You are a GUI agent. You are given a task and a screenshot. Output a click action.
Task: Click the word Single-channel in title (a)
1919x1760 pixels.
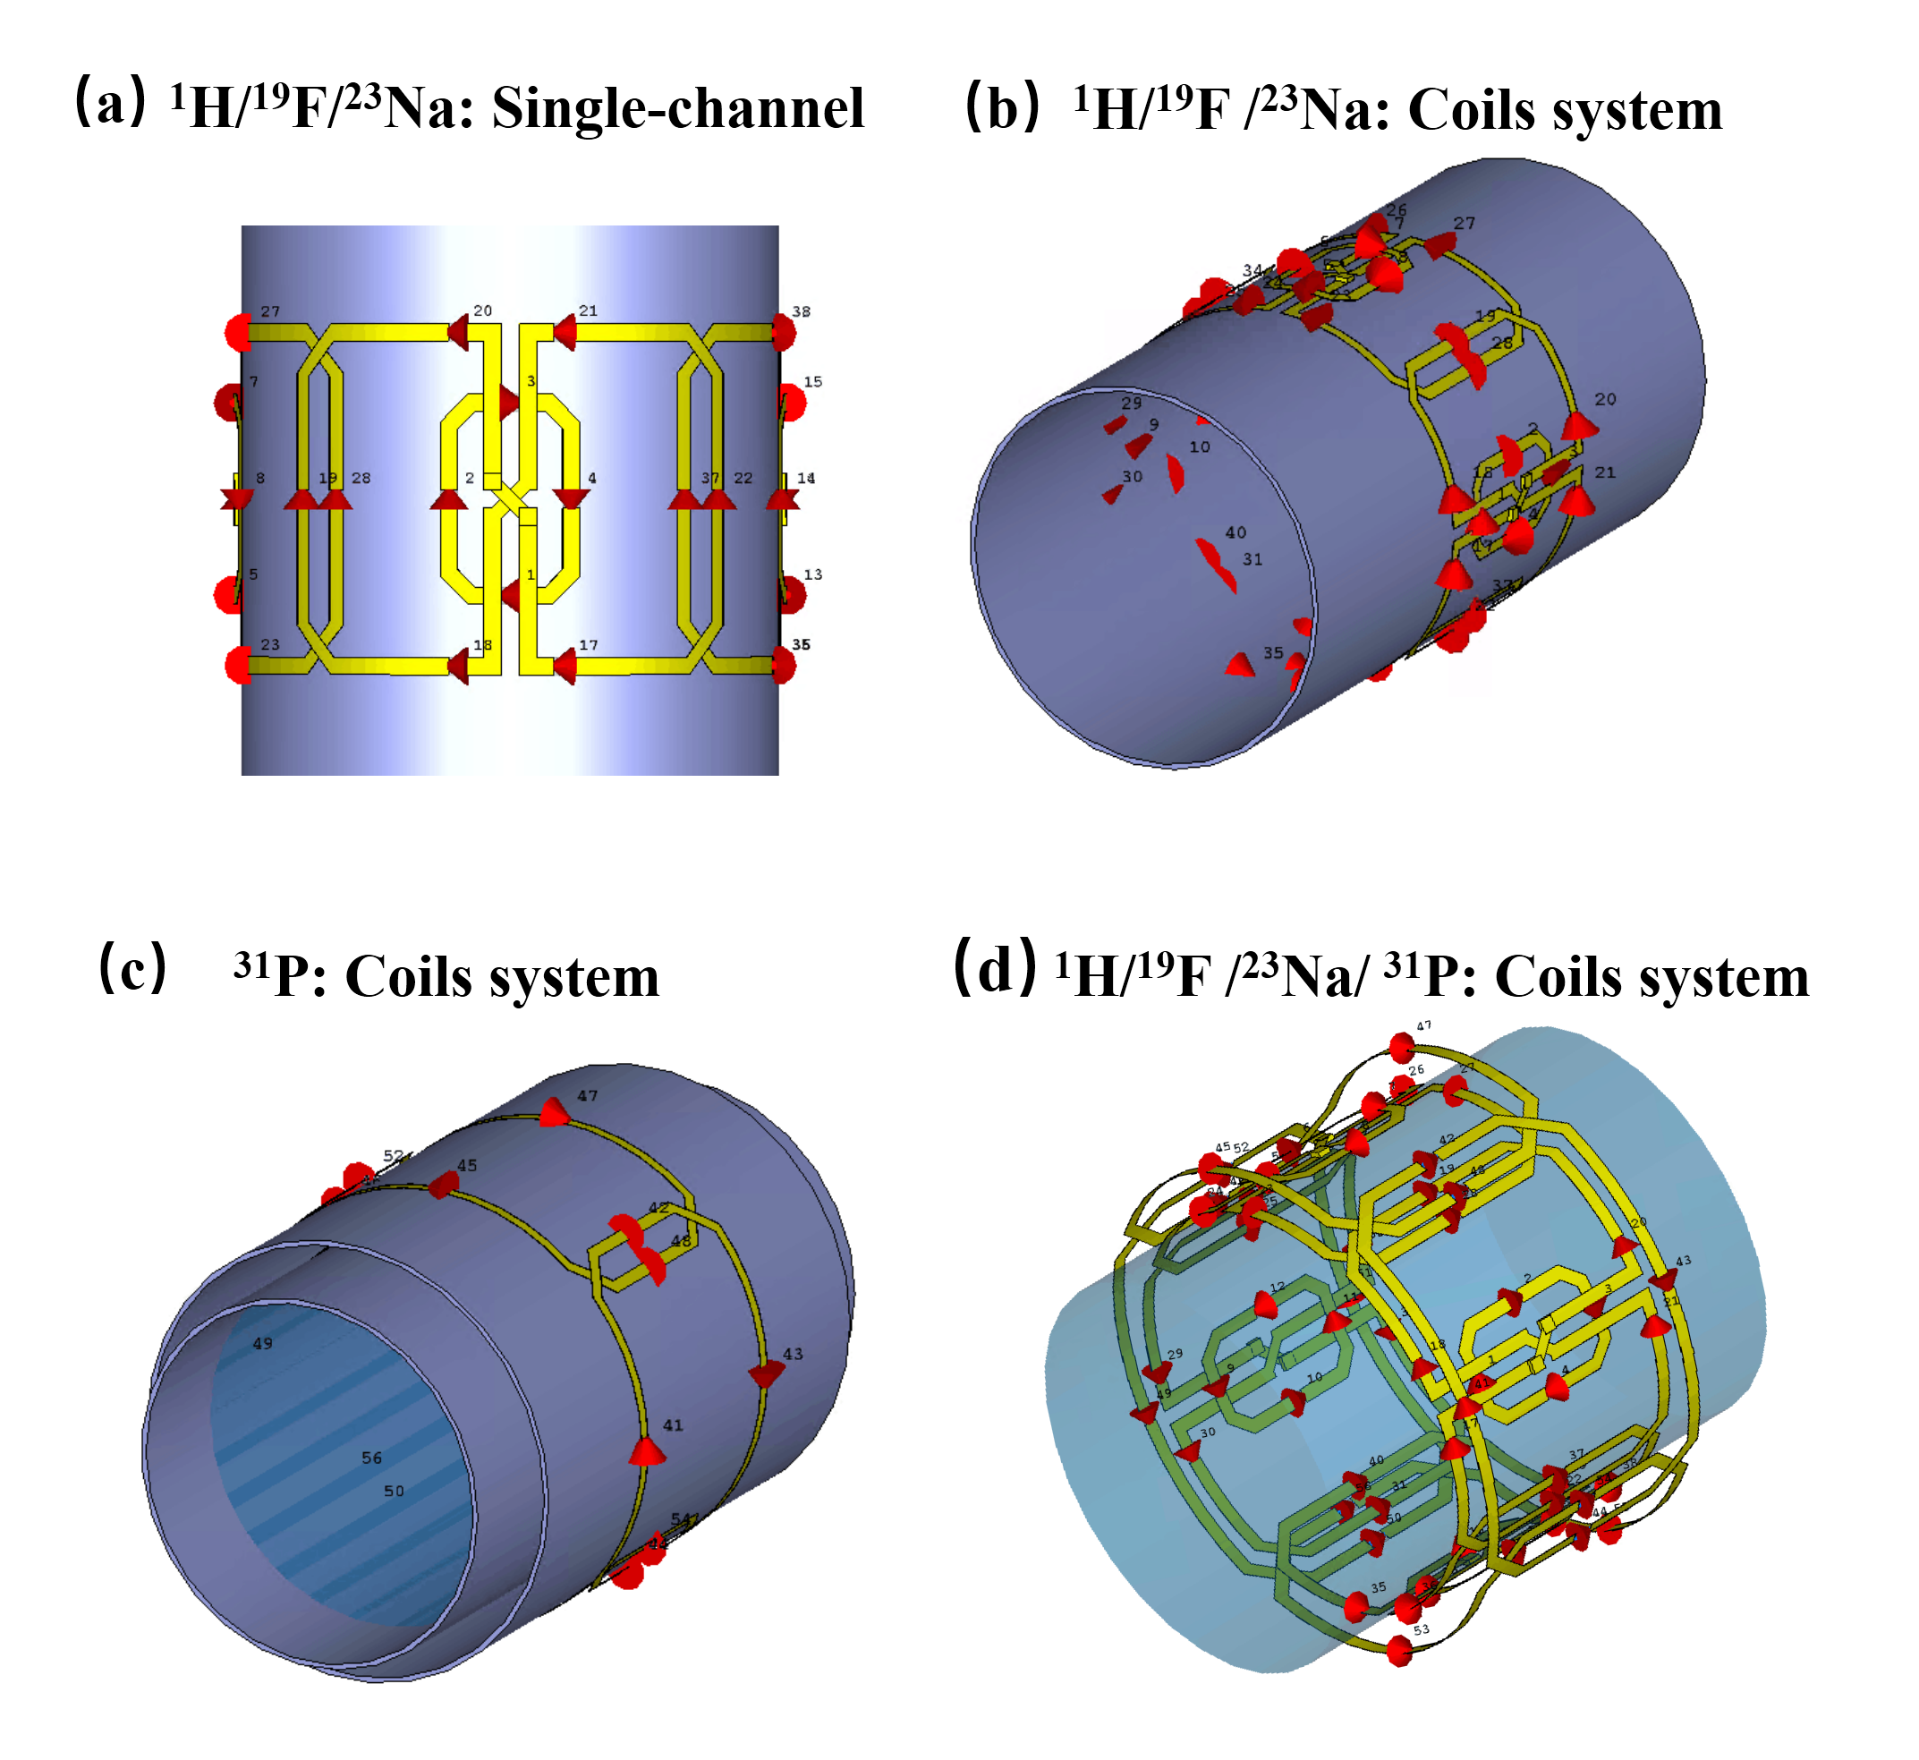[677, 107]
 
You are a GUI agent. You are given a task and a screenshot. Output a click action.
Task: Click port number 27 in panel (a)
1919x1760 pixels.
[270, 311]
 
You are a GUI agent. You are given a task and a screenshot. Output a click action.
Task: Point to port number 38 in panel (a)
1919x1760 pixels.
[801, 311]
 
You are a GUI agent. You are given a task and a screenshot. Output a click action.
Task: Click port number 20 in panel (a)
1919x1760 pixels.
[483, 310]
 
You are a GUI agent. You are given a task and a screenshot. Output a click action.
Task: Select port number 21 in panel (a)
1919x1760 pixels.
[588, 310]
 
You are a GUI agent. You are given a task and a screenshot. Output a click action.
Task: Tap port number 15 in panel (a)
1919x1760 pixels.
[812, 382]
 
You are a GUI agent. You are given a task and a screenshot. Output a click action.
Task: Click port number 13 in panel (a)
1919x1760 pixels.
[812, 574]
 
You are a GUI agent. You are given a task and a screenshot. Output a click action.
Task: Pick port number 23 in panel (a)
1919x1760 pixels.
[270, 645]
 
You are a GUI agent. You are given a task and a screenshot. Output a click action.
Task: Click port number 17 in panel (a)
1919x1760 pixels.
[589, 645]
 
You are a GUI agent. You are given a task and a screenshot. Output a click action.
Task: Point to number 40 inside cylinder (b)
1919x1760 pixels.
[1235, 532]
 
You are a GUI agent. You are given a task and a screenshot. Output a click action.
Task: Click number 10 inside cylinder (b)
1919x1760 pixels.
[1199, 446]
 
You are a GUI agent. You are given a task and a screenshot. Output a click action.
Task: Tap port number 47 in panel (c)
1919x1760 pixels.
[588, 1096]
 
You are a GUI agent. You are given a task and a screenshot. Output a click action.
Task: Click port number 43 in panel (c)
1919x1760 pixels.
[793, 1354]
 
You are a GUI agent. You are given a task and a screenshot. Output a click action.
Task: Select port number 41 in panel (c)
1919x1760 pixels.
[673, 1424]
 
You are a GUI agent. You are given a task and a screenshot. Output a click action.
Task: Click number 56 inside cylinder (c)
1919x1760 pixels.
[371, 1458]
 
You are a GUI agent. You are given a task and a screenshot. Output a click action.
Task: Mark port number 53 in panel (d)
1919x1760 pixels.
[1421, 1629]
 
